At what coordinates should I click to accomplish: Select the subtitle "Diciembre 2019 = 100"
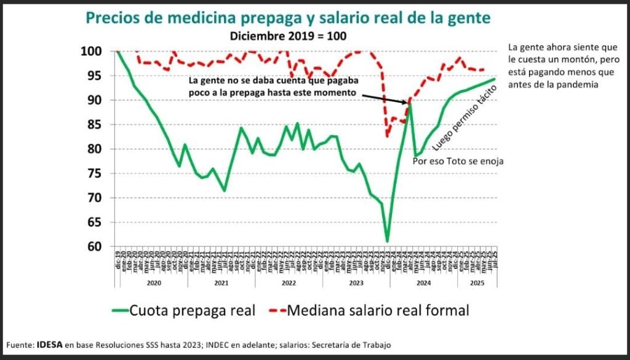click(x=289, y=36)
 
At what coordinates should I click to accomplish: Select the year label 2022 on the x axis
click(x=288, y=284)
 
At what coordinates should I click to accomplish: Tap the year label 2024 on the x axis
click(x=424, y=284)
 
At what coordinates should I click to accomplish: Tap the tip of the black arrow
click(x=409, y=103)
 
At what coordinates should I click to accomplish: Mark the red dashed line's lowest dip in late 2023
click(x=387, y=136)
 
